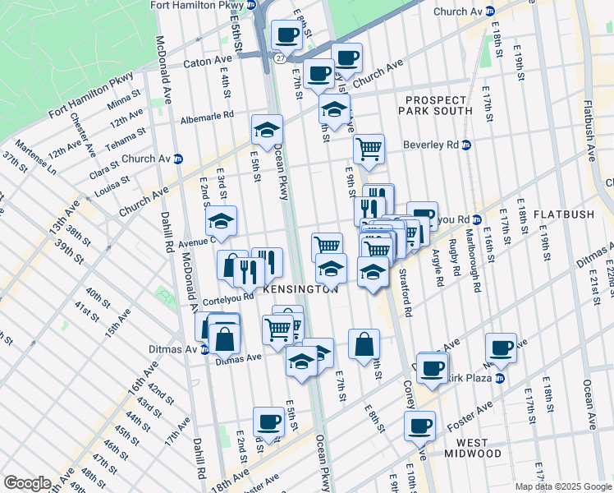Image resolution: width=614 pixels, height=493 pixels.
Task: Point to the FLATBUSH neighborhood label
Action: (x=563, y=214)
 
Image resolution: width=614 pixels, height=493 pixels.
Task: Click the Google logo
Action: (x=27, y=482)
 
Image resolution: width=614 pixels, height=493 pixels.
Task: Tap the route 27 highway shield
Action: (x=280, y=58)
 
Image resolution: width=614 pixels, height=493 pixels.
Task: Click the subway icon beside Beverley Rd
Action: (x=466, y=145)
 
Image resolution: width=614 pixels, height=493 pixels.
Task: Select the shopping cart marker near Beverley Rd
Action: (x=369, y=148)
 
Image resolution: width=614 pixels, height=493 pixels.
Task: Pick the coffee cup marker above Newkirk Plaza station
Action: (x=501, y=346)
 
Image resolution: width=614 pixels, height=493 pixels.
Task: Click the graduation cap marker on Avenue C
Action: (x=221, y=219)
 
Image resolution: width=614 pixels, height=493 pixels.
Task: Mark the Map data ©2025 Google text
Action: (x=562, y=486)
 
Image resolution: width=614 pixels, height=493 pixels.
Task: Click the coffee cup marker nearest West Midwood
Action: (x=419, y=425)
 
